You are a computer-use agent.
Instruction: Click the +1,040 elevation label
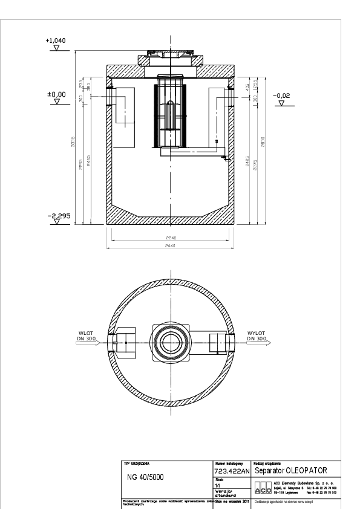pos(56,41)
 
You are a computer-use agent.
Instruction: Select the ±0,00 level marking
pos(56,94)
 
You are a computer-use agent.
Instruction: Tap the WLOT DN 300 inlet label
pos(84,336)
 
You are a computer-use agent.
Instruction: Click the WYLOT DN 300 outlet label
pos(257,336)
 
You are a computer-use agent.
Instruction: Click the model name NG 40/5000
pos(145,477)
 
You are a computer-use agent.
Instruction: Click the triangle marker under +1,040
pos(56,48)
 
